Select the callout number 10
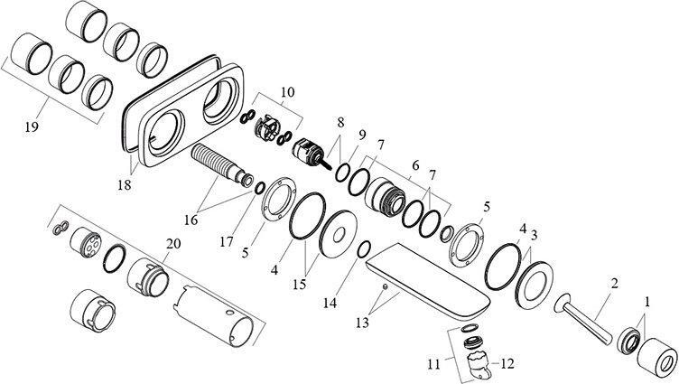coord(286,91)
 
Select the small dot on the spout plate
coord(385,286)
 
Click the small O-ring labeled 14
coord(363,249)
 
